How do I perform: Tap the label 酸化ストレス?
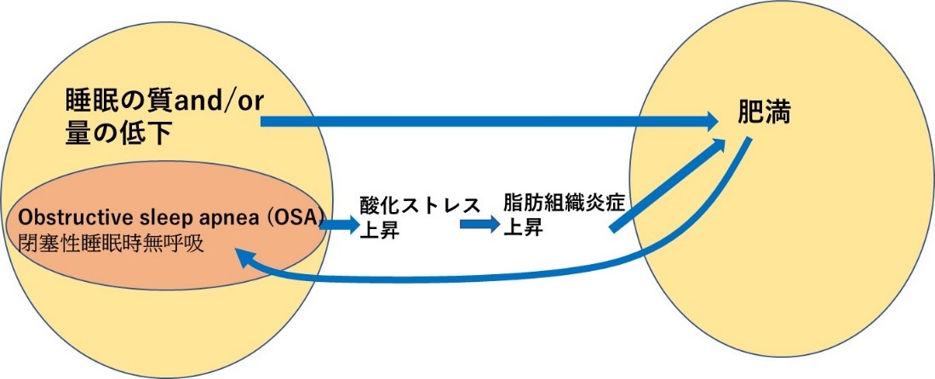click(x=415, y=205)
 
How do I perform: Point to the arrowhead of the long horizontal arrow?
click(x=712, y=123)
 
